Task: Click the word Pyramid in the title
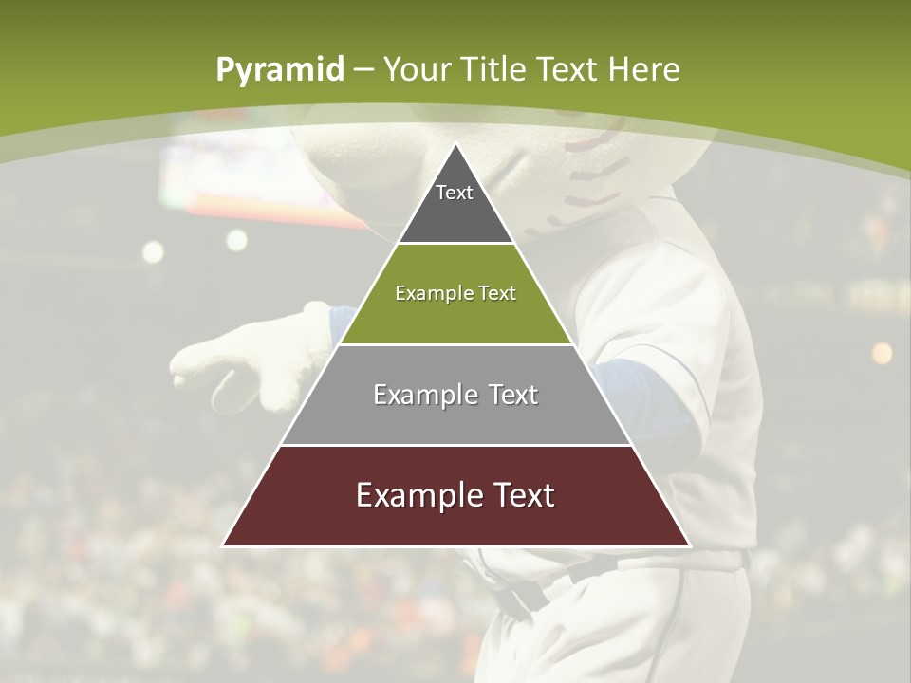280,70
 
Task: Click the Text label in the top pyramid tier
455,193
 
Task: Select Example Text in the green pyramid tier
455,293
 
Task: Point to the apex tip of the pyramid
455,145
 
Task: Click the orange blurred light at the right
882,353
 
